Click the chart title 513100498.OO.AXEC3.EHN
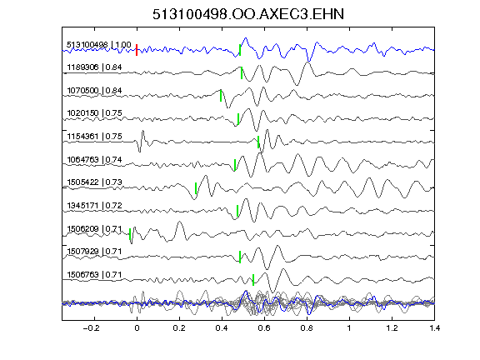pyautogui.click(x=248, y=14)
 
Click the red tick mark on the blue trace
pyautogui.click(x=137, y=50)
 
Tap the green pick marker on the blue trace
pyautogui.click(x=240, y=50)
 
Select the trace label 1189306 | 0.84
pyautogui.click(x=94, y=67)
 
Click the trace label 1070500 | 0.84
pyautogui.click(x=94, y=91)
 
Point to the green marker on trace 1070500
pyautogui.click(x=221, y=96)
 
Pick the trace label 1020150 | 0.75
pyautogui.click(x=94, y=113)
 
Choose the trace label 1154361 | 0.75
pyautogui.click(x=94, y=136)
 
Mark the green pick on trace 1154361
pyautogui.click(x=258, y=142)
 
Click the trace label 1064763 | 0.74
pyautogui.click(x=94, y=159)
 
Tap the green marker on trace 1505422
pyautogui.click(x=196, y=188)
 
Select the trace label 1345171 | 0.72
pyautogui.click(x=94, y=205)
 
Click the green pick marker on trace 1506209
pyautogui.click(x=130, y=234)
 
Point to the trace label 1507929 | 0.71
pyautogui.click(x=94, y=252)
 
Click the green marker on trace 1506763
pyautogui.click(x=253, y=280)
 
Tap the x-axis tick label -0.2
pyautogui.click(x=91, y=328)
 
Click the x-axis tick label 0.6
pyautogui.click(x=264, y=328)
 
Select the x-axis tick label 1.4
pyautogui.click(x=434, y=328)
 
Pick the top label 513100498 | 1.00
pyautogui.click(x=99, y=45)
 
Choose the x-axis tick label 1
pyautogui.click(x=349, y=328)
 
